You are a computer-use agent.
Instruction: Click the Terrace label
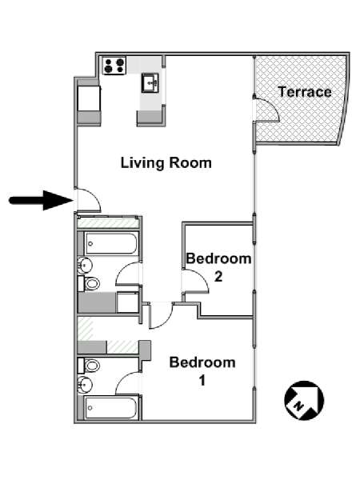(x=304, y=92)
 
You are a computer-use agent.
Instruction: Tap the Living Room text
(x=166, y=163)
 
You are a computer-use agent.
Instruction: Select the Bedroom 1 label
(x=202, y=371)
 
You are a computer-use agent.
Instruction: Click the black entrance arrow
(x=40, y=200)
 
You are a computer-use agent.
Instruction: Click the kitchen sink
(x=150, y=82)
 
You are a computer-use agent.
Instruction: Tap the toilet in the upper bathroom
(x=90, y=283)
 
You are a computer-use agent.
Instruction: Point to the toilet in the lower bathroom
(x=90, y=366)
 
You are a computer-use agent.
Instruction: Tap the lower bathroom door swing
(x=129, y=383)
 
